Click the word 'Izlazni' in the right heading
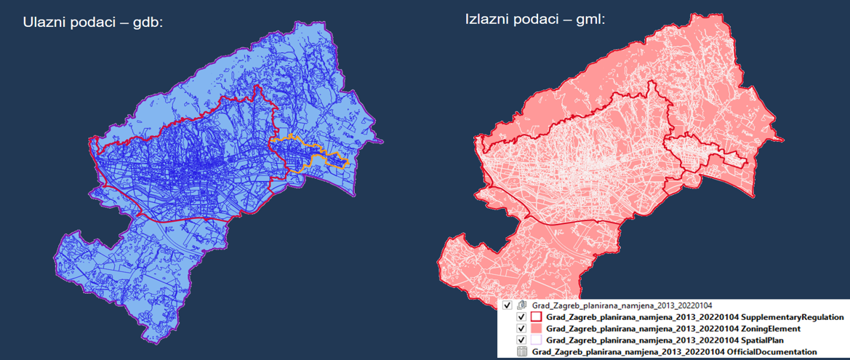(488, 19)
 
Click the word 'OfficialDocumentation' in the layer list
(769, 352)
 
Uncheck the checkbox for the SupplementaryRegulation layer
(521, 317)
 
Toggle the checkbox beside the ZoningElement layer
(521, 329)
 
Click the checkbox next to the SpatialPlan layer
(521, 340)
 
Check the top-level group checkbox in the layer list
(508, 305)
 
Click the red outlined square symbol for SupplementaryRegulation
(537, 317)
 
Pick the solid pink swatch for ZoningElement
(537, 329)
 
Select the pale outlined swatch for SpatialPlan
(537, 340)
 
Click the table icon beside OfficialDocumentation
(521, 352)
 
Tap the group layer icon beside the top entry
(521, 305)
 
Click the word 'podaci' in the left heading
(92, 22)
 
